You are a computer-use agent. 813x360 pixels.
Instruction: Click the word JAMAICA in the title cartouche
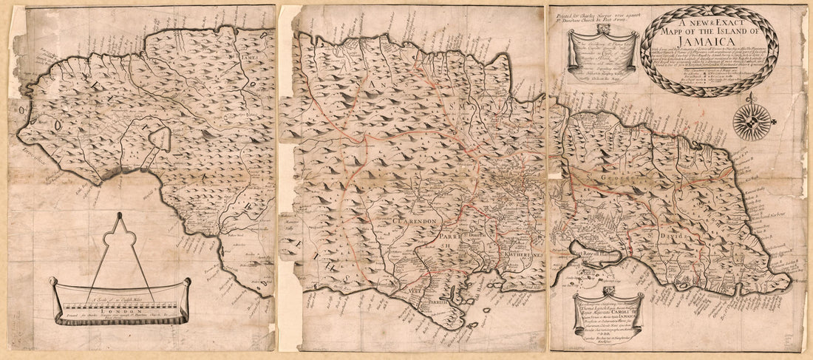point(708,43)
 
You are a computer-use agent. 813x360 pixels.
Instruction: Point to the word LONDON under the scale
point(118,312)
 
